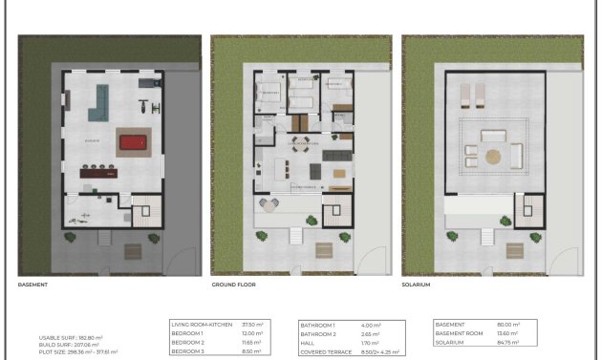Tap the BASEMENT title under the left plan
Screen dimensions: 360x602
coord(33,285)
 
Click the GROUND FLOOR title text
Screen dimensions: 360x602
coord(233,285)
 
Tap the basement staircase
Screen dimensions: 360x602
coord(144,212)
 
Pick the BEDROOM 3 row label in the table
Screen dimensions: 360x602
coord(190,349)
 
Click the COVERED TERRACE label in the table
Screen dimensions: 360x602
coord(327,349)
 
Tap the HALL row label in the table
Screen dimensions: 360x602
coord(308,341)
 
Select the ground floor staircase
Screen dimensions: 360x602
coord(334,212)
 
